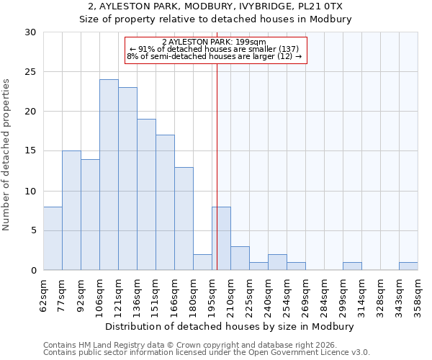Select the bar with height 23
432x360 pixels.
tap(127, 179)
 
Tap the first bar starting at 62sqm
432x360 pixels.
tap(53, 238)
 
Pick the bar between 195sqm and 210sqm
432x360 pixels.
tap(221, 238)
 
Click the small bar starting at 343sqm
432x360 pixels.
tap(408, 266)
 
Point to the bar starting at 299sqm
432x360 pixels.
tap(352, 266)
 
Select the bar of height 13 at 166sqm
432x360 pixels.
tap(184, 218)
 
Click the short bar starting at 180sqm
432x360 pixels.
tap(202, 262)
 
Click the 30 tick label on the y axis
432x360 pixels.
tap(31, 32)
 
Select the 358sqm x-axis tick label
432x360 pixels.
tap(418, 294)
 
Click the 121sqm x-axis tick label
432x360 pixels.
tap(119, 294)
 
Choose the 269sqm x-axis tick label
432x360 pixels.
tap(306, 294)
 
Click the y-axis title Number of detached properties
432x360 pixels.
tap(7, 151)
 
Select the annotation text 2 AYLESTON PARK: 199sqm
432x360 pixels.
tap(215, 42)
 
